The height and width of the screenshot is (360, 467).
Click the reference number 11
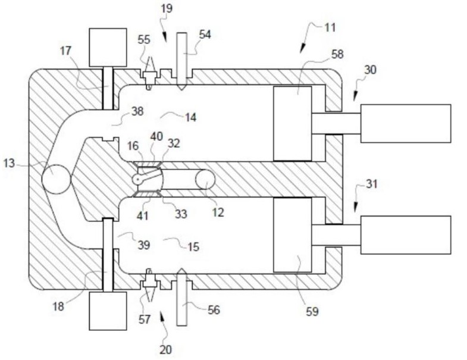330,27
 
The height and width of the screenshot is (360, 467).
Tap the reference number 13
9,163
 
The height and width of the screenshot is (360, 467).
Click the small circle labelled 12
205,179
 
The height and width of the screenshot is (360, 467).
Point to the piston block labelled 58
293,124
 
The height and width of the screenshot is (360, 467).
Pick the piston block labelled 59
293,235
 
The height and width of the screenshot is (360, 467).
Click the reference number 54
205,35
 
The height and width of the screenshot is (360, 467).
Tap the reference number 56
213,310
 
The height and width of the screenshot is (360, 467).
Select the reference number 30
370,70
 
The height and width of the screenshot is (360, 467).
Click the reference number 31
371,184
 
